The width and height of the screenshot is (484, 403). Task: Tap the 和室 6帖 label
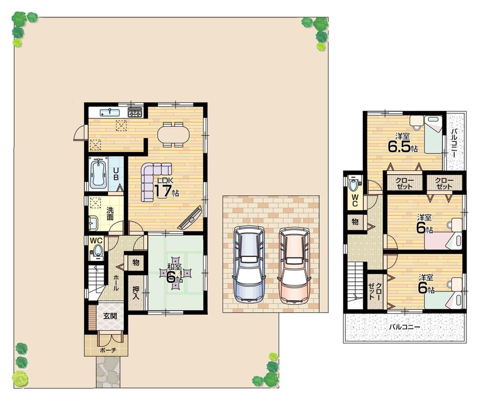pyautogui.click(x=175, y=273)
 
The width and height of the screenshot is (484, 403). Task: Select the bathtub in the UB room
pyautogui.click(x=98, y=173)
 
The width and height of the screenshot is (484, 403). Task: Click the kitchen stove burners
pyautogui.click(x=135, y=113)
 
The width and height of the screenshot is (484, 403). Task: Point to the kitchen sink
pyautogui.click(x=110, y=113)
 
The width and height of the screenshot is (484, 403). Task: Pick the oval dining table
pyautogui.click(x=173, y=134)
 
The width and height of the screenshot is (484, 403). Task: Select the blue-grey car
pyautogui.click(x=249, y=264)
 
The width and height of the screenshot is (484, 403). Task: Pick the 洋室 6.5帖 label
pyautogui.click(x=402, y=143)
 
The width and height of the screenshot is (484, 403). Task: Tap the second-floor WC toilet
pyautogui.click(x=354, y=184)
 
